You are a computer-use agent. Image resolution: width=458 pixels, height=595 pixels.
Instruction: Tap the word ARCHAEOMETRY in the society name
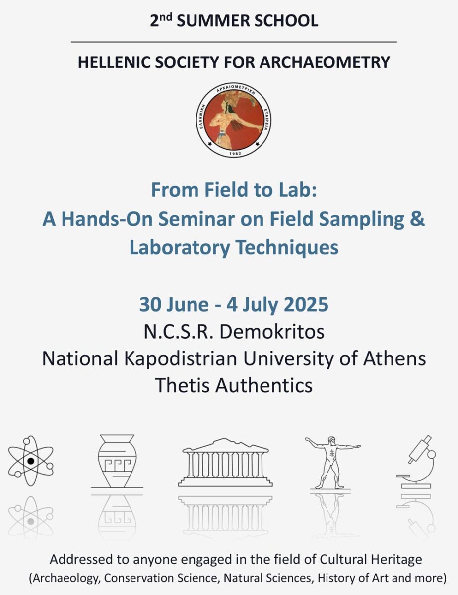click(x=325, y=62)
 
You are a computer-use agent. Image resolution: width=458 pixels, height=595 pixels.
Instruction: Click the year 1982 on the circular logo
click(x=235, y=153)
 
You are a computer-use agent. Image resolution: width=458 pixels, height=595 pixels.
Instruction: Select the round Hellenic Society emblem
click(x=235, y=120)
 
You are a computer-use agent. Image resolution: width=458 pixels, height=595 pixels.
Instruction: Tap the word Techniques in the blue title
click(x=287, y=247)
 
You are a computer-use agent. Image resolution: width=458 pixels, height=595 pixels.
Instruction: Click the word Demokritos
click(x=272, y=332)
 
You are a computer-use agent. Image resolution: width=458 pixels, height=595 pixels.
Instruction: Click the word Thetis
click(x=183, y=385)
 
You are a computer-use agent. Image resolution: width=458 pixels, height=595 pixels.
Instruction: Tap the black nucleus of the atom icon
click(x=31, y=461)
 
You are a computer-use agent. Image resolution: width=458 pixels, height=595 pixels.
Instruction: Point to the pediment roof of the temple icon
click(x=225, y=445)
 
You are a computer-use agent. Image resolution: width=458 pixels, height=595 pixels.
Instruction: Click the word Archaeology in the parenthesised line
click(x=65, y=578)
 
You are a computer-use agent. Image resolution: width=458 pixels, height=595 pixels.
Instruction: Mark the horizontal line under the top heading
click(x=234, y=42)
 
